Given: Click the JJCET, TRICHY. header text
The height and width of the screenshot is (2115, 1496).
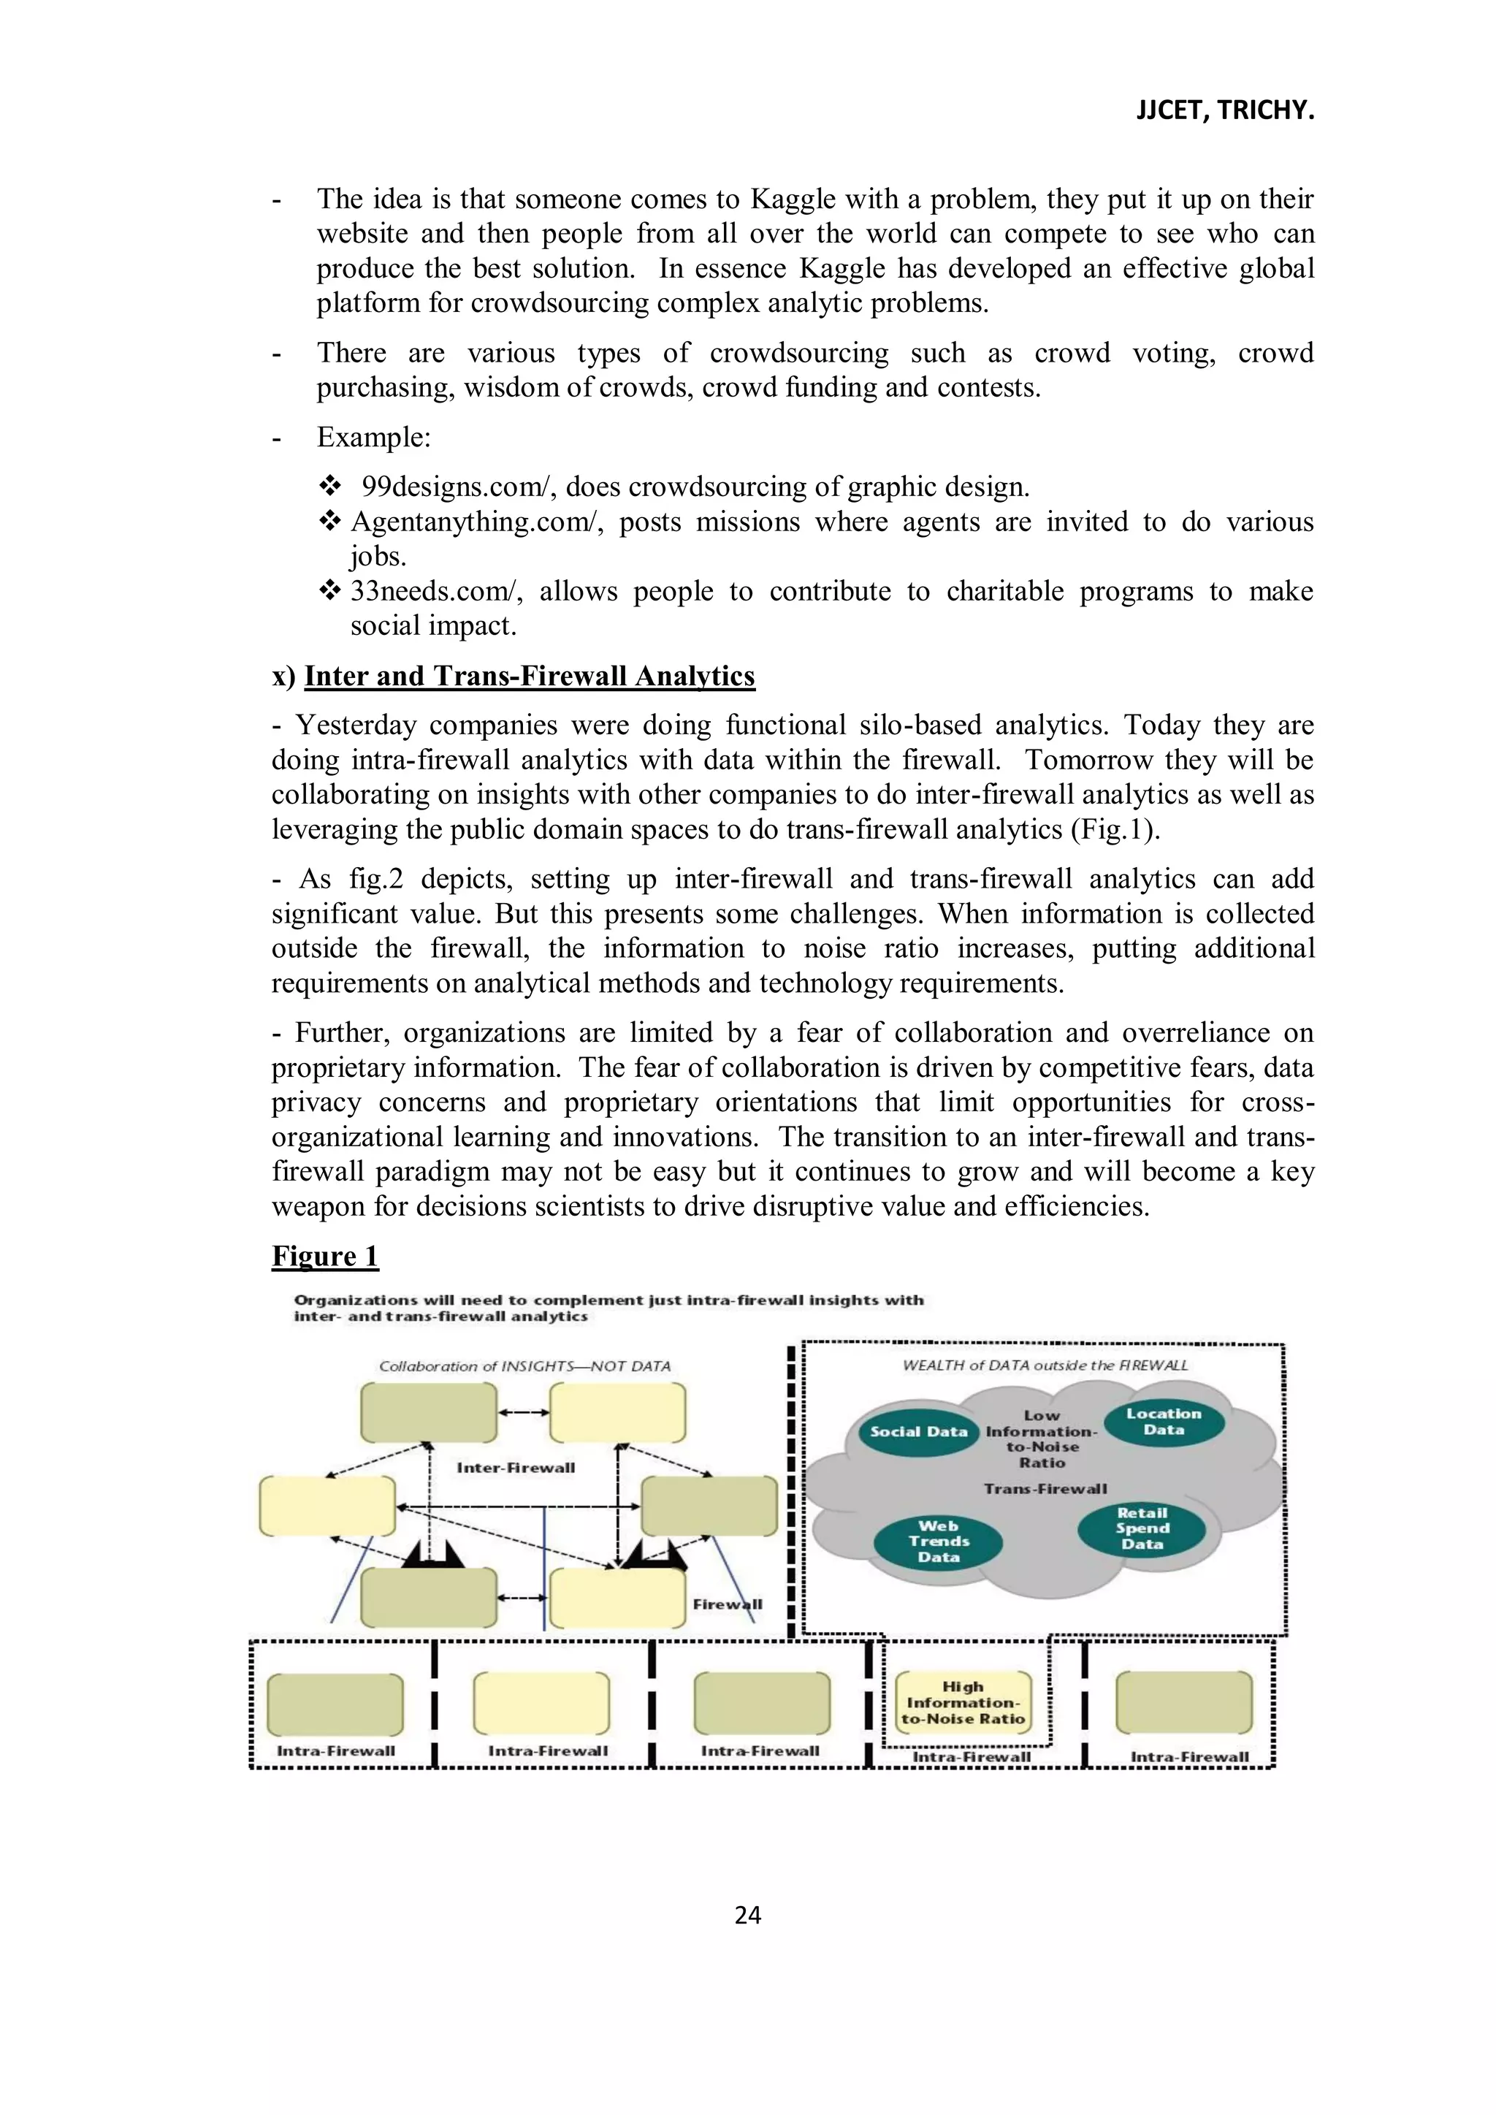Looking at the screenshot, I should click(x=1224, y=110).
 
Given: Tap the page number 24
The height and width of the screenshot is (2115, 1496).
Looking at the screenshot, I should click(x=747, y=1915).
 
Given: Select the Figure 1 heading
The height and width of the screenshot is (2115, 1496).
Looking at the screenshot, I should click(x=324, y=1257).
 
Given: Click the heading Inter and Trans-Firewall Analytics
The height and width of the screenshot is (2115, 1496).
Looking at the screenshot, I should click(x=529, y=676).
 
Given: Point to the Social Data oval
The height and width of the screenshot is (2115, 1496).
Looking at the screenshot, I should click(x=918, y=1431).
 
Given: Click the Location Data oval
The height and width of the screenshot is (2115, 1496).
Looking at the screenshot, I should click(x=1164, y=1422).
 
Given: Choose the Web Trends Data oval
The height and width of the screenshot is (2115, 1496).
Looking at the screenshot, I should click(x=938, y=1541).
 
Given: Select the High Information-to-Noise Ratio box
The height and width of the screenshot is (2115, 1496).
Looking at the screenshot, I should click(x=963, y=1702).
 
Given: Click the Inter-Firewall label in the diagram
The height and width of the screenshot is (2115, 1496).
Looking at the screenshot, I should click(x=515, y=1468).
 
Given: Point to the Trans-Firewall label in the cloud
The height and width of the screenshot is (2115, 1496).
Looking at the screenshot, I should click(x=1045, y=1489).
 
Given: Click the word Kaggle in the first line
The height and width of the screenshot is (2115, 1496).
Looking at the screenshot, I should click(x=793, y=199).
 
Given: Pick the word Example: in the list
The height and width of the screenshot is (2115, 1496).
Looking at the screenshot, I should click(x=373, y=437).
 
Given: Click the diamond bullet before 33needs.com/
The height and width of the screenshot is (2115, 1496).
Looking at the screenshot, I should click(x=329, y=590).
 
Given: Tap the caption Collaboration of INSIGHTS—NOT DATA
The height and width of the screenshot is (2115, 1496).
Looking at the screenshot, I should click(x=524, y=1366).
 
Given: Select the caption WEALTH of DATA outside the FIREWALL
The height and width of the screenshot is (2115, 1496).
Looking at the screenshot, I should click(x=1045, y=1365).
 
